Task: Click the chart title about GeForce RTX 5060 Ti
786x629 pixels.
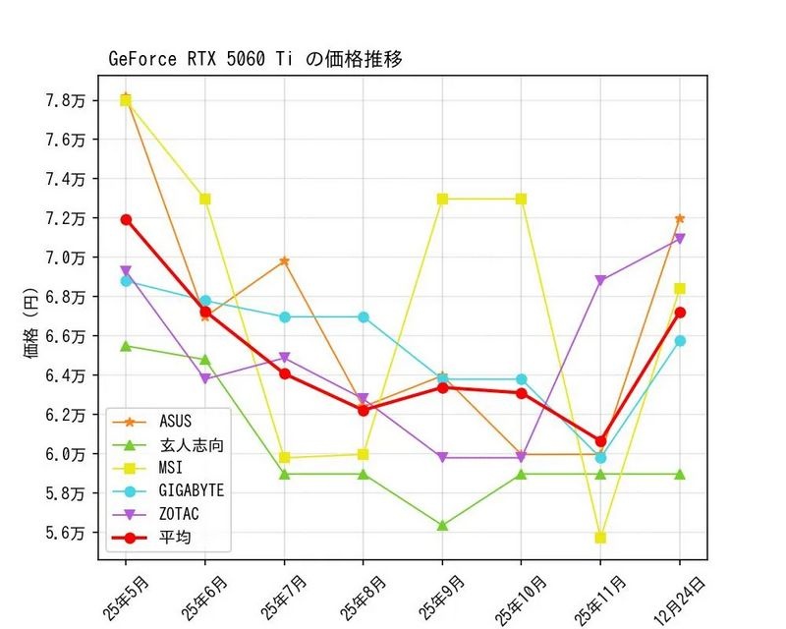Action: click(x=255, y=59)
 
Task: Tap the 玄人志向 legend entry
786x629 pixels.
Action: click(x=191, y=445)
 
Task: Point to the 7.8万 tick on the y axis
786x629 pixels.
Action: click(x=64, y=100)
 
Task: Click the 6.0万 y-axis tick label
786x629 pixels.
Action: click(x=64, y=454)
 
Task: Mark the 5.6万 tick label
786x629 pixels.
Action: click(x=64, y=533)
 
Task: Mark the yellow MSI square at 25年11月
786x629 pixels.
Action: click(x=600, y=538)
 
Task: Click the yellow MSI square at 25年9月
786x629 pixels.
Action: click(x=442, y=199)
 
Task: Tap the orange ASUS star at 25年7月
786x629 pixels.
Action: click(x=284, y=261)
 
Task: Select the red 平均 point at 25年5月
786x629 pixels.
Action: click(x=126, y=219)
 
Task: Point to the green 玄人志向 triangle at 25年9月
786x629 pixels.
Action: click(x=442, y=526)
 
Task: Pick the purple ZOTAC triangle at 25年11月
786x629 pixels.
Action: click(x=600, y=281)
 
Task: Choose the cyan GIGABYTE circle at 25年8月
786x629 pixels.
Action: click(x=364, y=316)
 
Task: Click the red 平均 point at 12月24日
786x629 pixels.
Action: click(x=680, y=313)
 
